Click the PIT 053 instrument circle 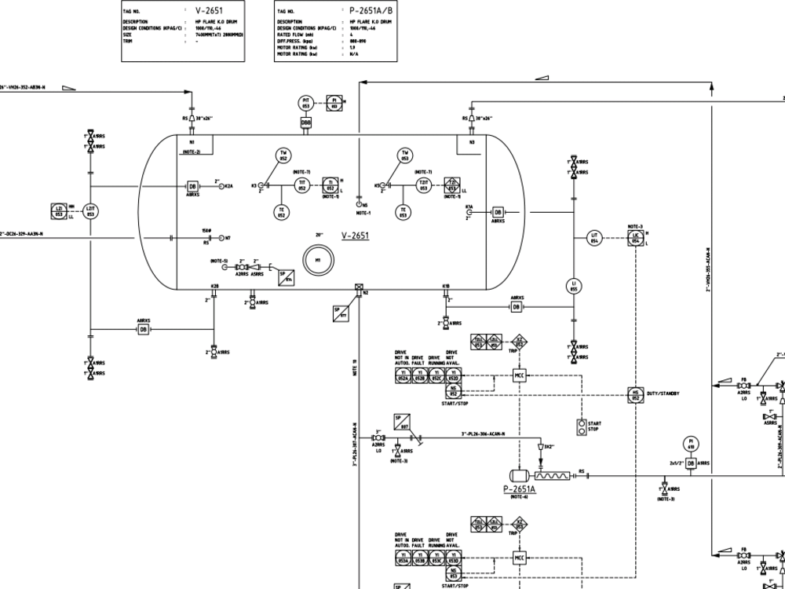pyautogui.click(x=306, y=103)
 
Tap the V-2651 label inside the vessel pyautogui.click(x=356, y=236)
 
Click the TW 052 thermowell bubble pyautogui.click(x=282, y=155)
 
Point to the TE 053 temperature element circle pyautogui.click(x=403, y=212)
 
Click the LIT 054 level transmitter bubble pyautogui.click(x=595, y=238)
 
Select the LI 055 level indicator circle pyautogui.click(x=574, y=287)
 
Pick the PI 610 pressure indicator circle pyautogui.click(x=691, y=444)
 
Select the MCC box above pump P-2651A pyautogui.click(x=519, y=375)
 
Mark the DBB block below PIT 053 pyautogui.click(x=306, y=123)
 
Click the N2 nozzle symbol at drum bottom pyautogui.click(x=358, y=287)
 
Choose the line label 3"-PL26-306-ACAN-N pyautogui.click(x=483, y=434)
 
